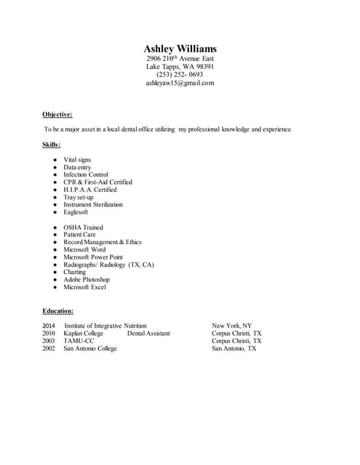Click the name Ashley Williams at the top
180,49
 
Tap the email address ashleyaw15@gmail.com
180,83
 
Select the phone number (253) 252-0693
180,74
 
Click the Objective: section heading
57,114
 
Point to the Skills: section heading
51,145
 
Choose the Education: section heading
57,311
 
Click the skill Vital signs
77,160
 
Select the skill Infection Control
86,174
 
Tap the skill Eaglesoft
76,212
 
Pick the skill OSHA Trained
83,227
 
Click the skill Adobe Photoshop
87,280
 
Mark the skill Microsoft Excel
84,287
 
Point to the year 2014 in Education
49,325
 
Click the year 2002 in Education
49,349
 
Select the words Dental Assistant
148,333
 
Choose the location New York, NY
232,325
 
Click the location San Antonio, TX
234,349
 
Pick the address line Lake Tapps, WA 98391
180,66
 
